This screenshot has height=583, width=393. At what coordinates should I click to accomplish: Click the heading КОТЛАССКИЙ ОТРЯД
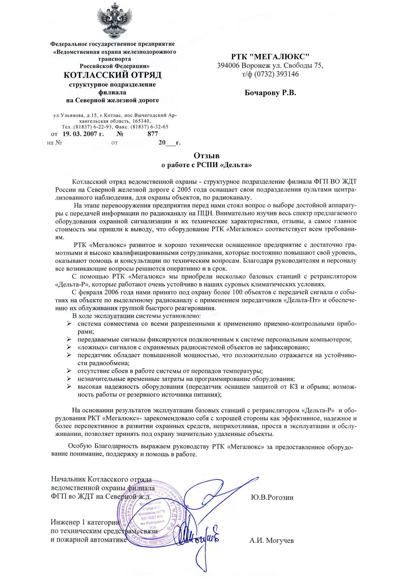(x=112, y=75)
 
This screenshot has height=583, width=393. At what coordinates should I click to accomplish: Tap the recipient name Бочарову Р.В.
(x=270, y=93)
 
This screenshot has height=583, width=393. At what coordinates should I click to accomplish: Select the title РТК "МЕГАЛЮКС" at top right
(x=270, y=57)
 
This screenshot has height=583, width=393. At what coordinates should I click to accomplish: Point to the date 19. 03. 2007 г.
(x=83, y=134)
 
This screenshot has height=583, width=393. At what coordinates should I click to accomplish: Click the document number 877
(x=153, y=134)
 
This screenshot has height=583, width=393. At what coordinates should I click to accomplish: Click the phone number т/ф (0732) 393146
(x=270, y=74)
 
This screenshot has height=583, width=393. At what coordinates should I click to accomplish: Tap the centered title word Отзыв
(x=207, y=156)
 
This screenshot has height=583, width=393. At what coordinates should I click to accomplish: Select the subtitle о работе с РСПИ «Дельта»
(x=207, y=165)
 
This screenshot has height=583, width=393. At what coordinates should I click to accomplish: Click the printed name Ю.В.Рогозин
(x=272, y=497)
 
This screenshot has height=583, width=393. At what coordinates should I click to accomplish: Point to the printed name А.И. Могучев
(x=271, y=541)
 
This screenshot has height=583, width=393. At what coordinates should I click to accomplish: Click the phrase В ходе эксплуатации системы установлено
(x=137, y=316)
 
